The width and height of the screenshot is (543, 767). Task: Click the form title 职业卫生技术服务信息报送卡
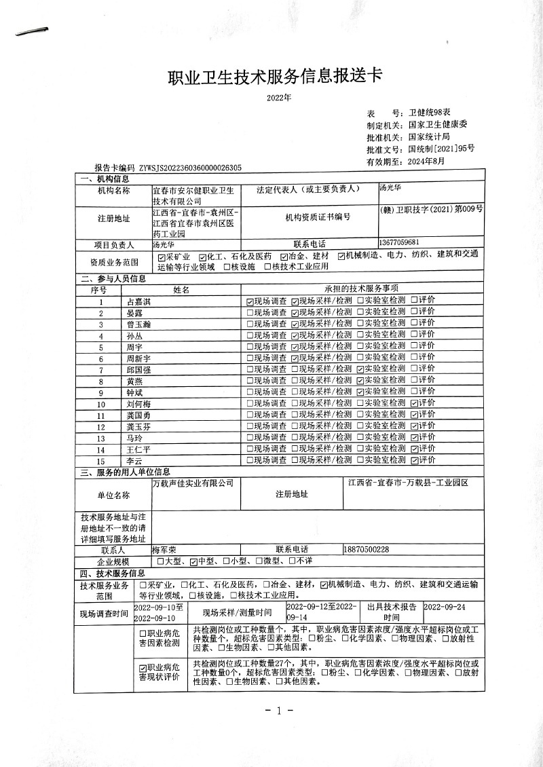click(x=275, y=77)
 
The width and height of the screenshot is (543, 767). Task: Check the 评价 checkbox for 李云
click(x=414, y=460)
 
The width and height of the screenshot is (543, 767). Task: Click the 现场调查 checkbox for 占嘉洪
click(x=250, y=301)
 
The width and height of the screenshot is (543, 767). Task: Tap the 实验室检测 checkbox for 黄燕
click(x=360, y=381)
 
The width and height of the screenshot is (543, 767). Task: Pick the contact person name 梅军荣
click(x=164, y=549)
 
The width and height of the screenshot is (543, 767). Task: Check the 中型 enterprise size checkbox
click(x=193, y=561)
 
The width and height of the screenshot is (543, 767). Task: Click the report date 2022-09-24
click(x=445, y=607)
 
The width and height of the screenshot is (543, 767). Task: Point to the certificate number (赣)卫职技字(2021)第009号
click(x=432, y=210)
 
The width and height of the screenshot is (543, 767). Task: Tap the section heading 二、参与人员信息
click(x=113, y=278)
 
